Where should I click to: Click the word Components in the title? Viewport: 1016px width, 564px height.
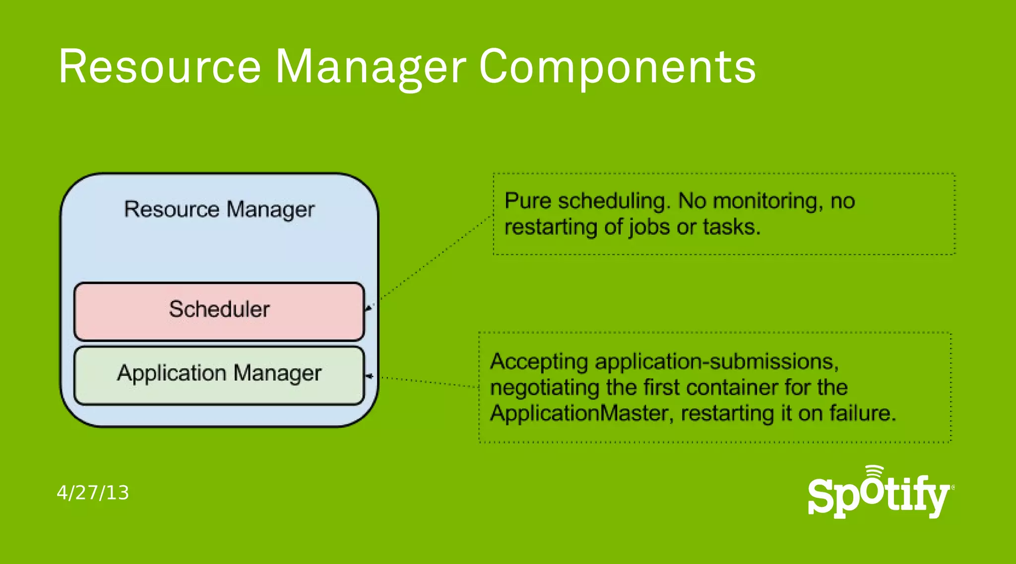point(617,68)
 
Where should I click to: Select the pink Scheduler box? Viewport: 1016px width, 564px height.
point(219,311)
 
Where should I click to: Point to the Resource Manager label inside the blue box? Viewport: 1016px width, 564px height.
point(219,210)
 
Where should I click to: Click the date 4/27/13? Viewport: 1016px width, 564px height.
point(93,493)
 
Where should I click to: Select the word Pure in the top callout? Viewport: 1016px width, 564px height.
point(528,201)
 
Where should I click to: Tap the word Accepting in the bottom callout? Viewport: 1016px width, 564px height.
point(539,362)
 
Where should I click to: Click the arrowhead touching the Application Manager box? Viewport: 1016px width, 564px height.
point(369,376)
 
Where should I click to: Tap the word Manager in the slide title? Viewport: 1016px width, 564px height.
point(371,68)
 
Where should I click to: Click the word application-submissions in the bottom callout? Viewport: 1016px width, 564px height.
point(717,362)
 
